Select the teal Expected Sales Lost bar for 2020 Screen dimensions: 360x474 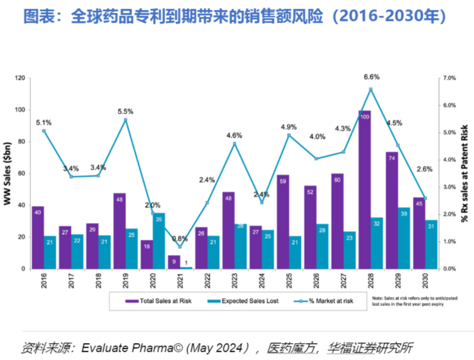[x=159, y=241]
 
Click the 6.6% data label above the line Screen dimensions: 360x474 [x=371, y=76]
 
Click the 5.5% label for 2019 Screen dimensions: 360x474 [x=125, y=111]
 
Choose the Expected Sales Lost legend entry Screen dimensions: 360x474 [x=250, y=301]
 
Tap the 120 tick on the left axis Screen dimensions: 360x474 [x=20, y=78]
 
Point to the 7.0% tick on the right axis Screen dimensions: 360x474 [x=448, y=78]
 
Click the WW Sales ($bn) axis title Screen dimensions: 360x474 [x=8, y=173]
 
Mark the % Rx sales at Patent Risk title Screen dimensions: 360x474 [x=465, y=173]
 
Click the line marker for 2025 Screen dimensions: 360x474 [x=289, y=135]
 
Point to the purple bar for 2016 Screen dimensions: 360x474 [x=38, y=237]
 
